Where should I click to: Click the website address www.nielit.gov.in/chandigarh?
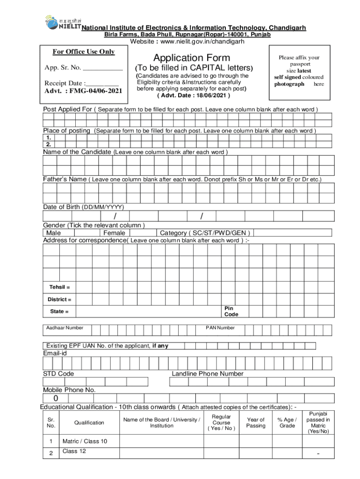coord(187,42)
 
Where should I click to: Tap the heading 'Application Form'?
coord(192,58)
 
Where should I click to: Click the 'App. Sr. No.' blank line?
coord(102,68)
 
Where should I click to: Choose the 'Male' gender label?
coord(53,233)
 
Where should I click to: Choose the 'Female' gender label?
coord(114,233)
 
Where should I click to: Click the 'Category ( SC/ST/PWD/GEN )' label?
coord(205,233)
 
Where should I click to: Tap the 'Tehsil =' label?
coord(60,287)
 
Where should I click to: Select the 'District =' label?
coord(59,299)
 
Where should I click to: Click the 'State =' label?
coord(59,312)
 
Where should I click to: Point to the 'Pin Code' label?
coord(231,312)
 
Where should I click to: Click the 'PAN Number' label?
coord(220,328)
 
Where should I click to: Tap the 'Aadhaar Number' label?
coord(65,328)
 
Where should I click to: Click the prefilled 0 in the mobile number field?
coord(56,399)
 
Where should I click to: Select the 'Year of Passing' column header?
coord(256,423)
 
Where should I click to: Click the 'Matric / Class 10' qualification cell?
coord(85,441)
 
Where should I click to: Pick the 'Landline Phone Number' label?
coord(208,374)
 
